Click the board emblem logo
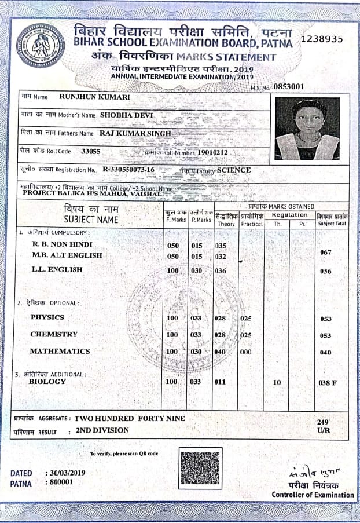[41, 46]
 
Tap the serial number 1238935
[323, 39]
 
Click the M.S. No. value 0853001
[289, 87]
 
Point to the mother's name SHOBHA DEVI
[126, 115]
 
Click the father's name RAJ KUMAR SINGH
[136, 133]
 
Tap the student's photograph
[307, 129]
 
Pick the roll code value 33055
[91, 151]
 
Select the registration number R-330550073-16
[128, 170]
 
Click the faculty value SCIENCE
[234, 170]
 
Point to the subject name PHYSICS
[47, 317]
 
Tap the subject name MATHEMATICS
[60, 351]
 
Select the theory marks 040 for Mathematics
[220, 352]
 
